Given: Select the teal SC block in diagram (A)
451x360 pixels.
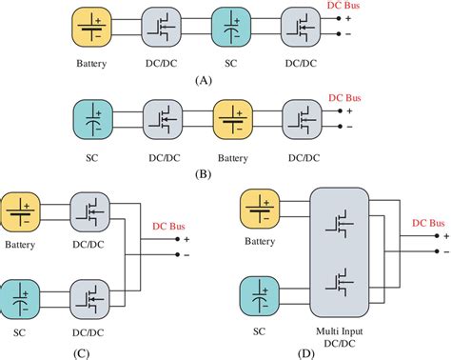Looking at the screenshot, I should (x=231, y=27).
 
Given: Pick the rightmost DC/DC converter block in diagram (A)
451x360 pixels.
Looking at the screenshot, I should (x=300, y=27).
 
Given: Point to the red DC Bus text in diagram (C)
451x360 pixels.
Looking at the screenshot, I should (x=170, y=227).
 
